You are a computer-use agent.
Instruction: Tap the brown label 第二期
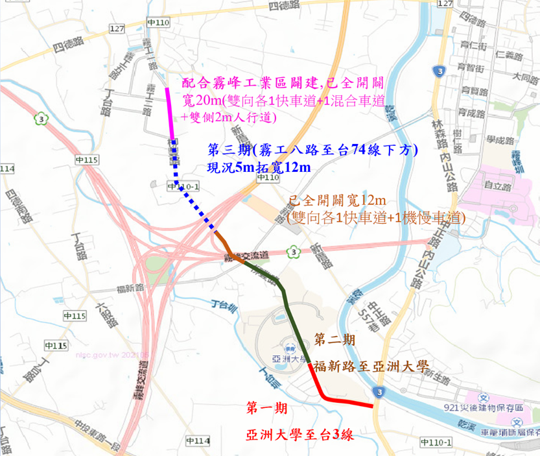tap(335, 339)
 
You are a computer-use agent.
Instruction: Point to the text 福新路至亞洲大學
tap(371, 366)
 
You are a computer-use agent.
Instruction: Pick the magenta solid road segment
tap(170, 114)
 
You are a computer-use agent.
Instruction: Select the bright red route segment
tap(344, 400)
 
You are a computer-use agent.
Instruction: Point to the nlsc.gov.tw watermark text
tap(104, 355)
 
